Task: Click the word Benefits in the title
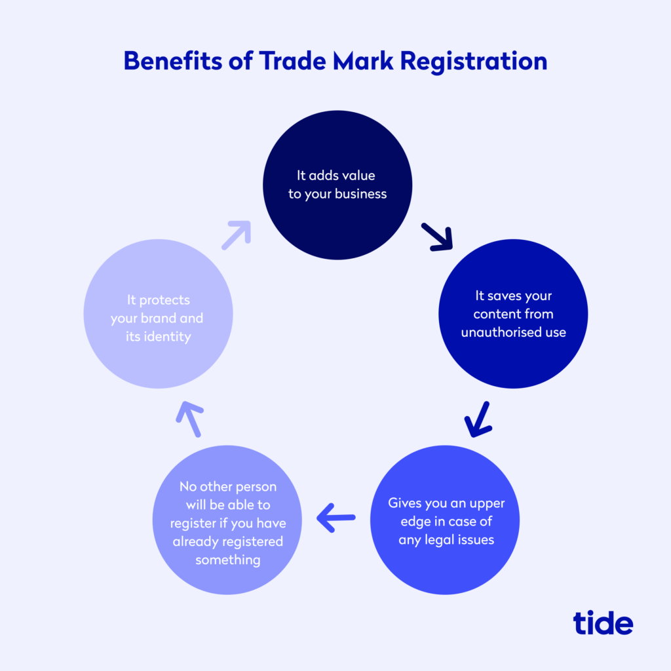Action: pyautogui.click(x=172, y=61)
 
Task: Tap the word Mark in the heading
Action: pyautogui.click(x=363, y=61)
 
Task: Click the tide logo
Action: pyautogui.click(x=603, y=623)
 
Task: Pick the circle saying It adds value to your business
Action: pyautogui.click(x=337, y=185)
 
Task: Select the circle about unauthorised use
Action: pyautogui.click(x=513, y=314)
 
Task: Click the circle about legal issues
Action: pyautogui.click(x=445, y=520)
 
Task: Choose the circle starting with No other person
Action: pyautogui.click(x=227, y=520)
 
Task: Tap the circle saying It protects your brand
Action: pyautogui.click(x=159, y=314)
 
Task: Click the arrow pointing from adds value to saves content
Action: pyautogui.click(x=437, y=237)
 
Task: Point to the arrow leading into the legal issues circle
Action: pyautogui.click(x=478, y=419)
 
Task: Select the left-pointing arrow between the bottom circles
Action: pyautogui.click(x=336, y=518)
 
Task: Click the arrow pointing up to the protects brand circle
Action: pyautogui.click(x=189, y=419)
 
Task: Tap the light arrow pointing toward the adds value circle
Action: pyautogui.click(x=236, y=235)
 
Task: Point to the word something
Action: pyautogui.click(x=227, y=560)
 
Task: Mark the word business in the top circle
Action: pyautogui.click(x=361, y=194)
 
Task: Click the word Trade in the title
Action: pyautogui.click(x=293, y=61)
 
